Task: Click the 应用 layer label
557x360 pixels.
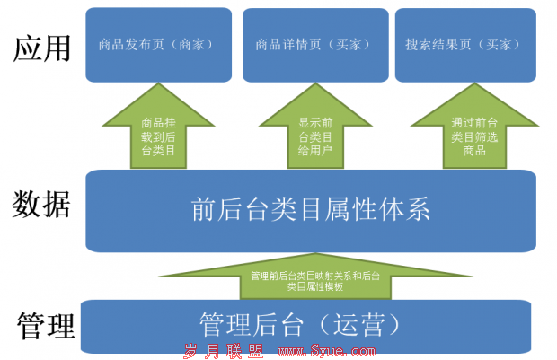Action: pyautogui.click(x=42, y=48)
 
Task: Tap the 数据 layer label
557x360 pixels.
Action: pyautogui.click(x=41, y=204)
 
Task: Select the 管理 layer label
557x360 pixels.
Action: pyautogui.click(x=46, y=325)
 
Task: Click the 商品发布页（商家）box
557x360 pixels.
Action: pyautogui.click(x=159, y=45)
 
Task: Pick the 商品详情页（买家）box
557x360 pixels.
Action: pyautogui.click(x=315, y=45)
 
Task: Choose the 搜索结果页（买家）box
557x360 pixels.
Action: pyautogui.click(x=465, y=45)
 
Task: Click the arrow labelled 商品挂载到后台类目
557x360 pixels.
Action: pyautogui.click(x=158, y=126)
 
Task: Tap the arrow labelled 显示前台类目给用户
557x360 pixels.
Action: pyautogui.click(x=315, y=126)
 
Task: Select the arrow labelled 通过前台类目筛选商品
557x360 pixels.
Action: pyautogui.click(x=474, y=126)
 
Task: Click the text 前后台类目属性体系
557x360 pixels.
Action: pyautogui.click(x=311, y=209)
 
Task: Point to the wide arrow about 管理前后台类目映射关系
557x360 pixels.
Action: pyautogui.click(x=315, y=277)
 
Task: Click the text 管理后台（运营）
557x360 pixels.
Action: pyautogui.click(x=300, y=324)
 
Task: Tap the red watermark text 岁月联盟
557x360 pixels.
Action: pyautogui.click(x=224, y=351)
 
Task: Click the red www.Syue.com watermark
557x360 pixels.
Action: pyautogui.click(x=327, y=351)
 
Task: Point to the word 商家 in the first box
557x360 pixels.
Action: pyautogui.click(x=192, y=45)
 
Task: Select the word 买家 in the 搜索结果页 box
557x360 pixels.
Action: pyautogui.click(x=500, y=45)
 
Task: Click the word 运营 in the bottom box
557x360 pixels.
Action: pyautogui.click(x=359, y=324)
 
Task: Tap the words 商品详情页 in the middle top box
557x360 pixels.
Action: pyautogui.click(x=288, y=45)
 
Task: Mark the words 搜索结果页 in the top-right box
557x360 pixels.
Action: pyautogui.click(x=438, y=45)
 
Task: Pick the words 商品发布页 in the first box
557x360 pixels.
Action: pyautogui.click(x=131, y=45)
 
